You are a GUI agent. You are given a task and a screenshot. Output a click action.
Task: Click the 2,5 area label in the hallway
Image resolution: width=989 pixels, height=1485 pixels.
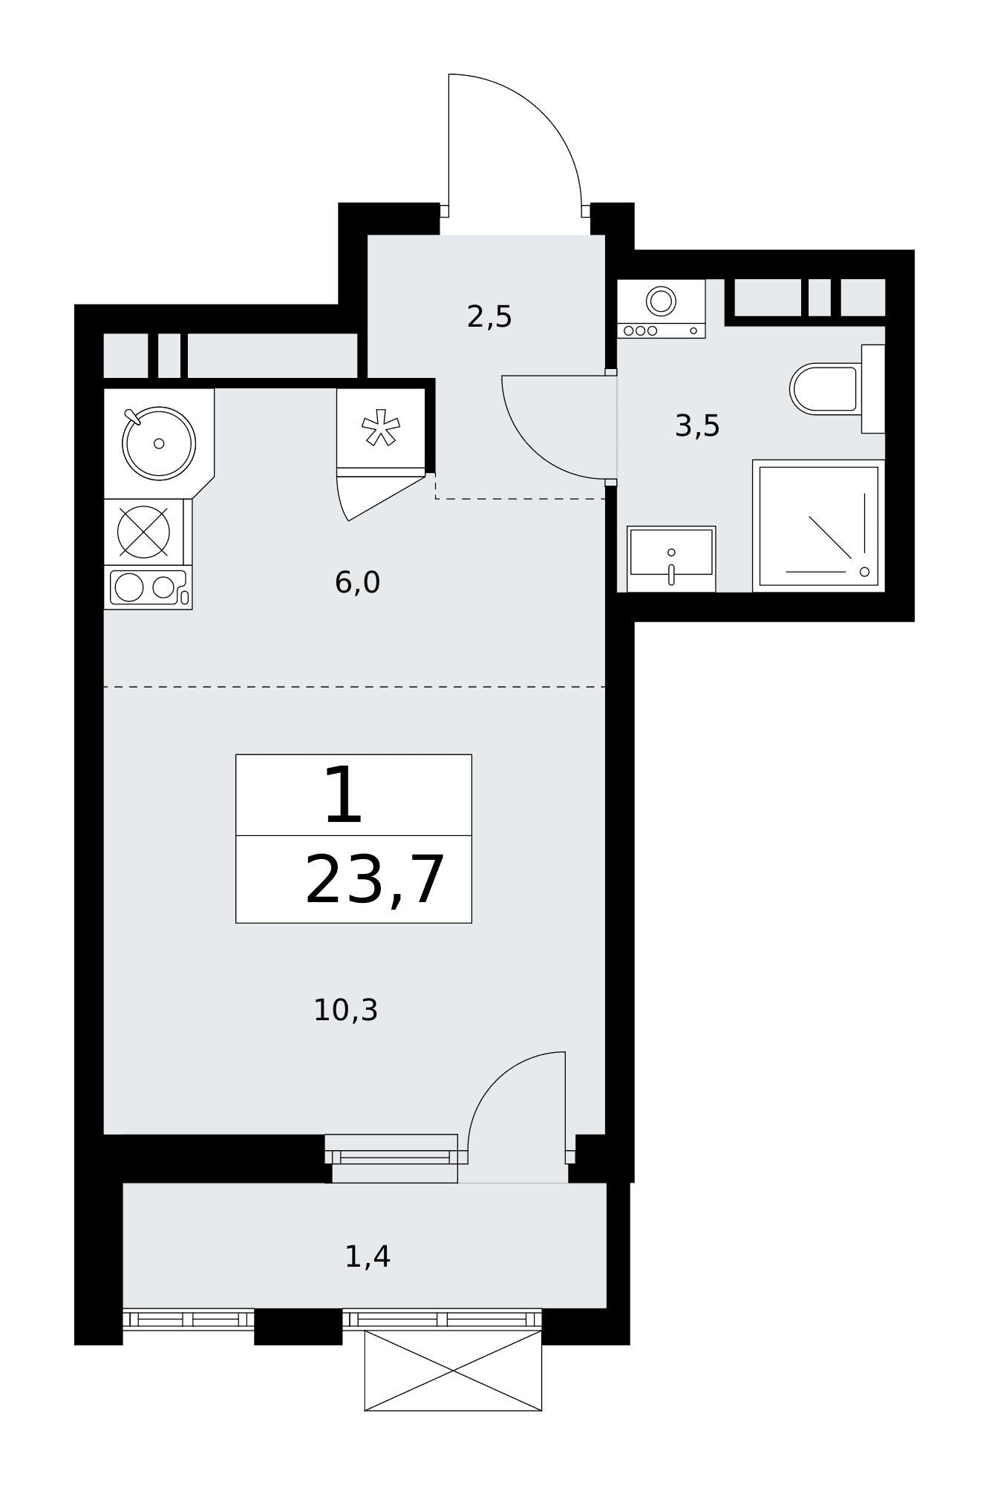[x=489, y=317]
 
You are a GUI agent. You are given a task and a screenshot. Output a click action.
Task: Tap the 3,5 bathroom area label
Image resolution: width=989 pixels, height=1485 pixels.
[x=697, y=426]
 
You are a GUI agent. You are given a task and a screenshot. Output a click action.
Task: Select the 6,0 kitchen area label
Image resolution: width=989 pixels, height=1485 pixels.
[x=357, y=583]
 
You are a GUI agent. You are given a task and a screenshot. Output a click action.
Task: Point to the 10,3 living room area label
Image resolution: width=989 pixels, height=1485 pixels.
[x=345, y=1011]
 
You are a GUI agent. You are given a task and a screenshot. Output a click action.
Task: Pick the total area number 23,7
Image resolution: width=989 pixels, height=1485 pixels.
[x=374, y=881]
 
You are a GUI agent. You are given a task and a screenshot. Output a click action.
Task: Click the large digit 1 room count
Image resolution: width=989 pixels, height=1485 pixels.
[x=343, y=796]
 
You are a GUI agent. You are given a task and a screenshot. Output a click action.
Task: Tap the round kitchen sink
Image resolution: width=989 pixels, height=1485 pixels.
[x=159, y=443]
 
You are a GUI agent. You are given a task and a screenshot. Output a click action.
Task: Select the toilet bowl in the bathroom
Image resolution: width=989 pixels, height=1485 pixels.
[x=826, y=389]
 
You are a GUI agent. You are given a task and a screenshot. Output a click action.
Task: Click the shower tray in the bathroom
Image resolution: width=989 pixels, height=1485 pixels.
[x=819, y=526]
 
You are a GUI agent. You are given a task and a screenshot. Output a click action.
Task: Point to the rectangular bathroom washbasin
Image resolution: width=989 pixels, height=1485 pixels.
[x=671, y=559]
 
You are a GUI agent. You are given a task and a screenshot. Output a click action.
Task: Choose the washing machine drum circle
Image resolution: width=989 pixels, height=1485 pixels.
[x=661, y=301]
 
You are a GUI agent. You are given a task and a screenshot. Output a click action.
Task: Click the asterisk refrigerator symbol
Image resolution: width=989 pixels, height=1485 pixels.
[x=381, y=428]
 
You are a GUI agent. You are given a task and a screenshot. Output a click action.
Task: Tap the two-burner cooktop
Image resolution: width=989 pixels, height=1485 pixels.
[x=148, y=587]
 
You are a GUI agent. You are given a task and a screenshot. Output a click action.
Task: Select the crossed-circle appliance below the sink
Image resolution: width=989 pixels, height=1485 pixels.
[x=144, y=532]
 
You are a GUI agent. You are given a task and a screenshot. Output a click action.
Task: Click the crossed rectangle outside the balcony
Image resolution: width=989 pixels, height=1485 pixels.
[x=453, y=1370]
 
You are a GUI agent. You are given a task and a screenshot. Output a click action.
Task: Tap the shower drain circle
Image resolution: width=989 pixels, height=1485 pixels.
[x=864, y=572]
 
